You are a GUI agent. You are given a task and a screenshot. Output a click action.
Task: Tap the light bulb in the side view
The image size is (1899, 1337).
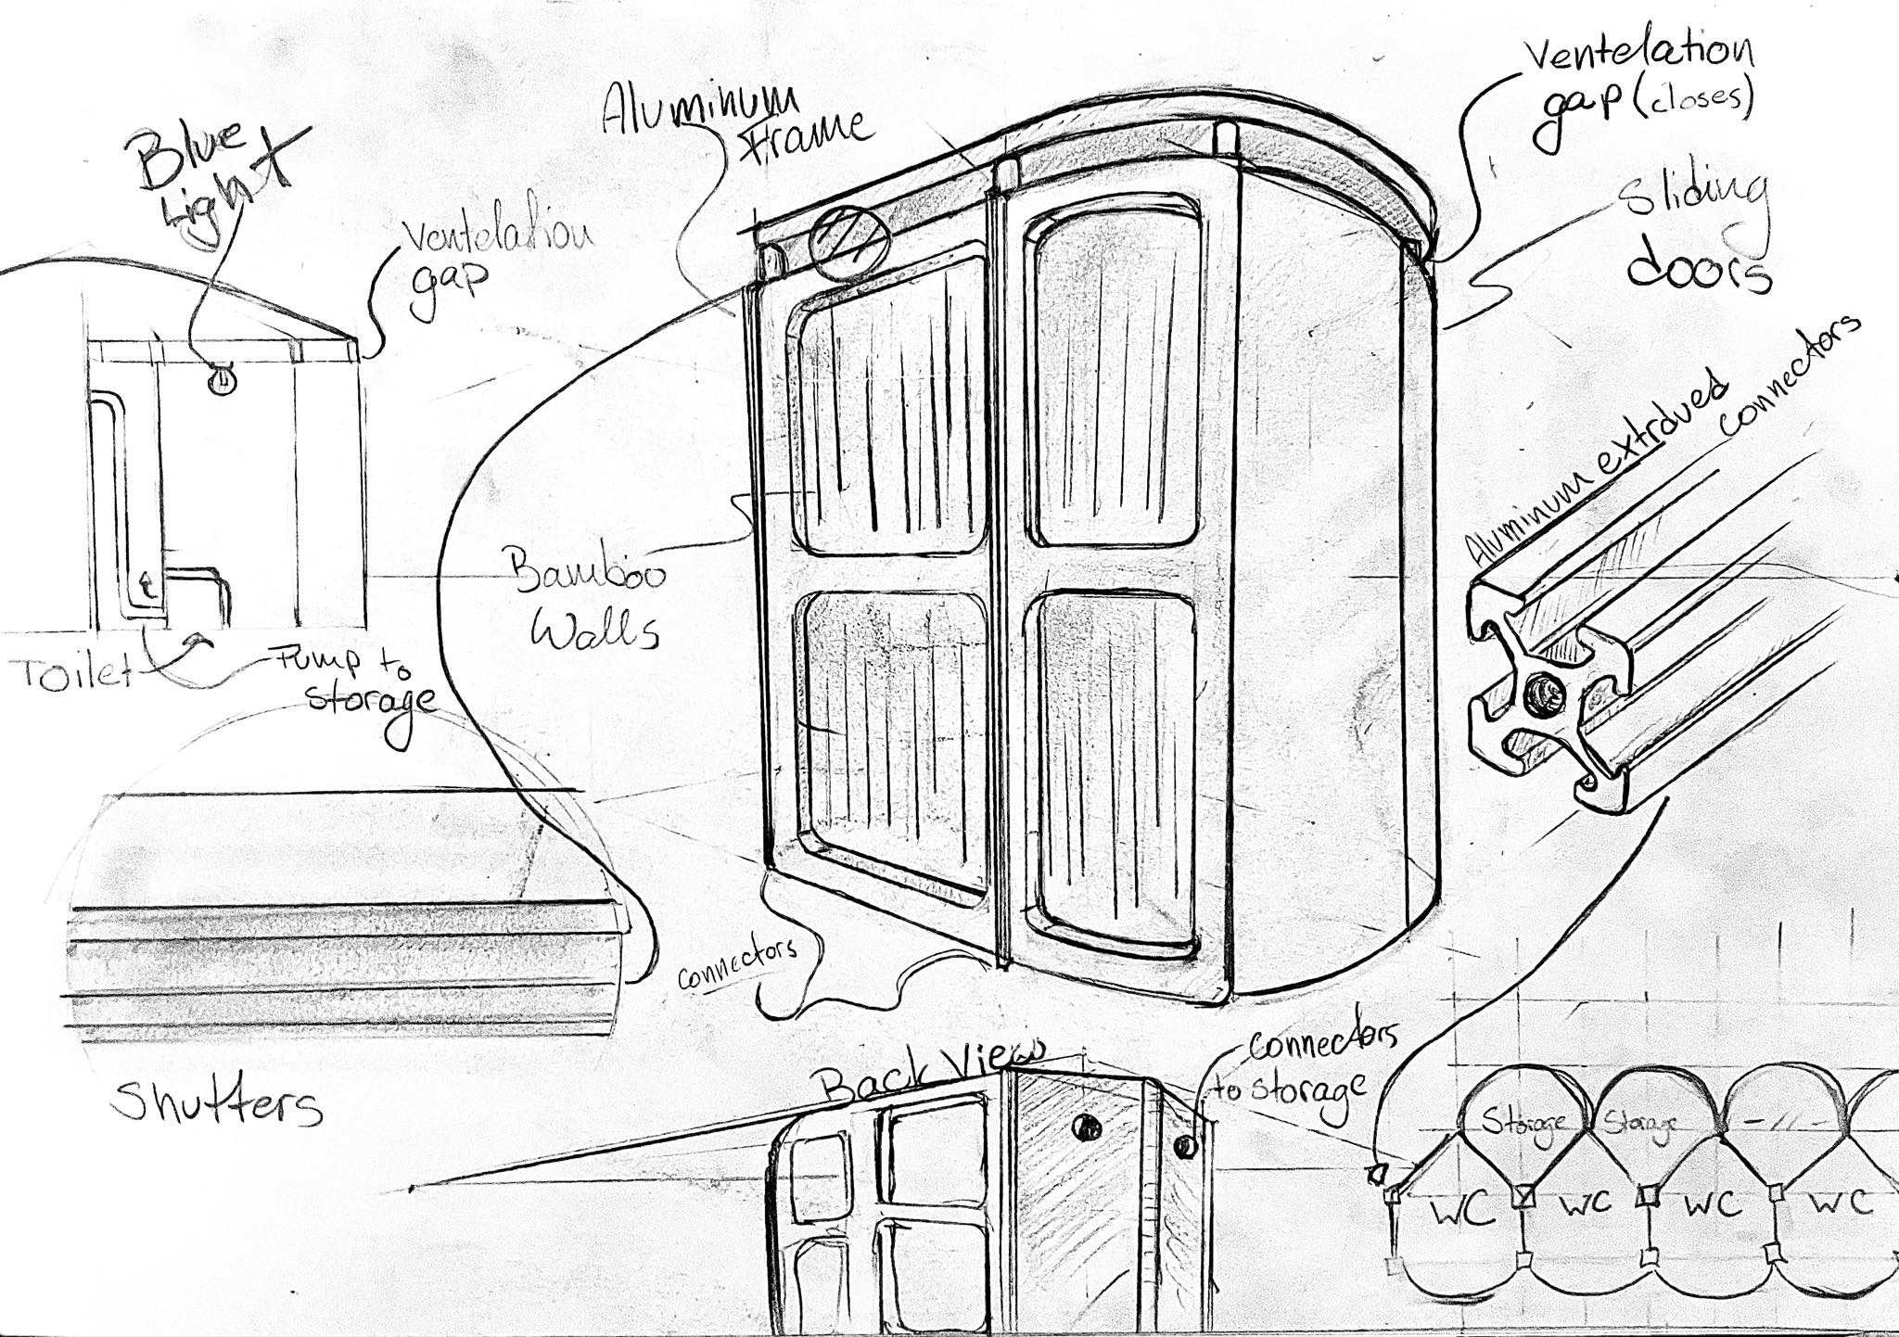[x=221, y=381]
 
